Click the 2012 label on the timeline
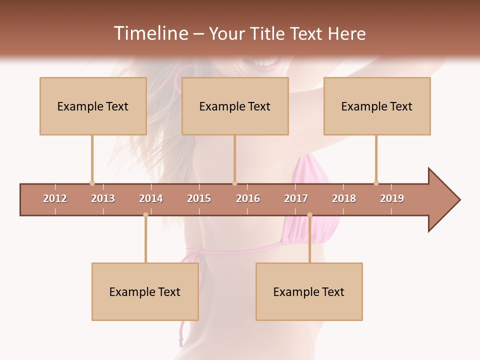tap(55, 198)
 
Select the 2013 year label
tap(103, 198)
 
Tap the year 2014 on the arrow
tap(151, 198)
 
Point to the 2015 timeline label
tap(199, 198)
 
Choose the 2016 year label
tap(248, 198)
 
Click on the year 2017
tap(296, 198)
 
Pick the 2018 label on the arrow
tap(344, 198)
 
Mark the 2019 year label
tap(392, 198)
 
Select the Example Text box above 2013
tap(93, 106)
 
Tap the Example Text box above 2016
tap(235, 106)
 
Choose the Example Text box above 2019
tap(377, 106)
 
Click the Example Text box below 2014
tap(145, 292)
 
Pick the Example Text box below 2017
tap(309, 292)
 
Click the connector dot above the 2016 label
tap(234, 183)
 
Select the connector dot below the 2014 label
tap(145, 215)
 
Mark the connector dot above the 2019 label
tap(376, 183)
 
